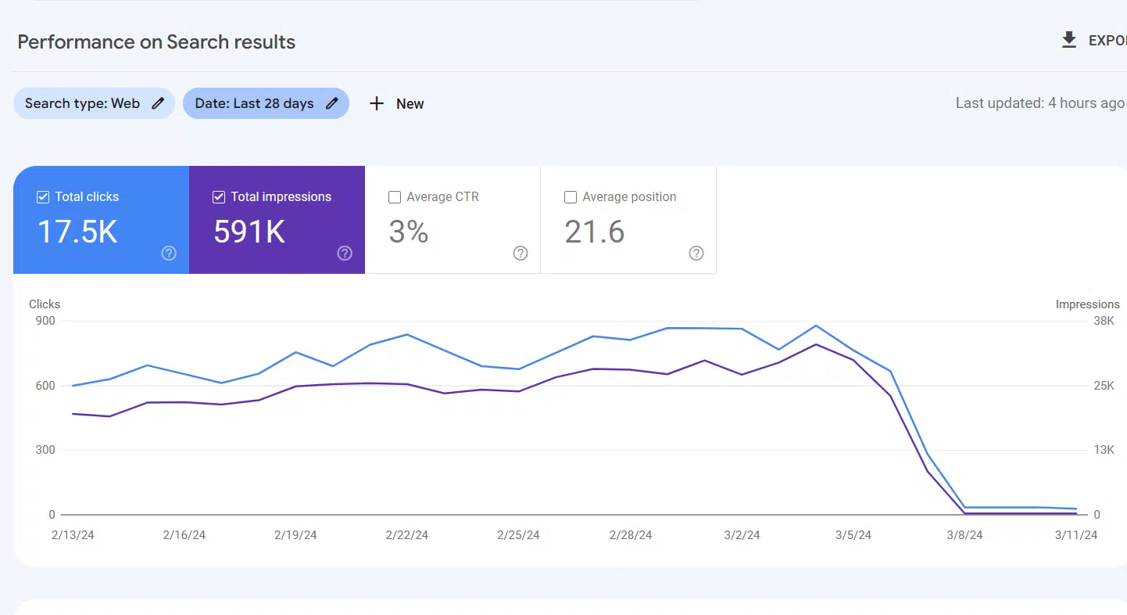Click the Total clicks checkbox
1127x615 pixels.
pos(43,197)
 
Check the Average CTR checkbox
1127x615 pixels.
pos(395,197)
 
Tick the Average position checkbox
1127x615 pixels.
pos(571,197)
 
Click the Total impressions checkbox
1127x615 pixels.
pos(219,197)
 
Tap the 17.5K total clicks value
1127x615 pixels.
pos(77,232)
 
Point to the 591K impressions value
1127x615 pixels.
pos(249,232)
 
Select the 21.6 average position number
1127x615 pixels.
pos(595,232)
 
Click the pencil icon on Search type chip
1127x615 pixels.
pos(158,103)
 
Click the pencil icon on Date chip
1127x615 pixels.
pos(332,103)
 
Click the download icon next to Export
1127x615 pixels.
pos(1069,41)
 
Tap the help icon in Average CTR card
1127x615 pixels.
pos(521,254)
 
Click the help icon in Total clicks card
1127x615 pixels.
pos(169,254)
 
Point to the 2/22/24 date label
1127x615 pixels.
pos(407,535)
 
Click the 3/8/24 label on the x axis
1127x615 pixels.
pos(964,535)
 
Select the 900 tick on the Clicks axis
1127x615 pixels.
pos(45,321)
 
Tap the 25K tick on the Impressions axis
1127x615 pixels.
pos(1104,386)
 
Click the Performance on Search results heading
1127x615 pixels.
pos(156,42)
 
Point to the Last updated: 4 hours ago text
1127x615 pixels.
pos(1039,103)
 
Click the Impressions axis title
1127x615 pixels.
pos(1087,304)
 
